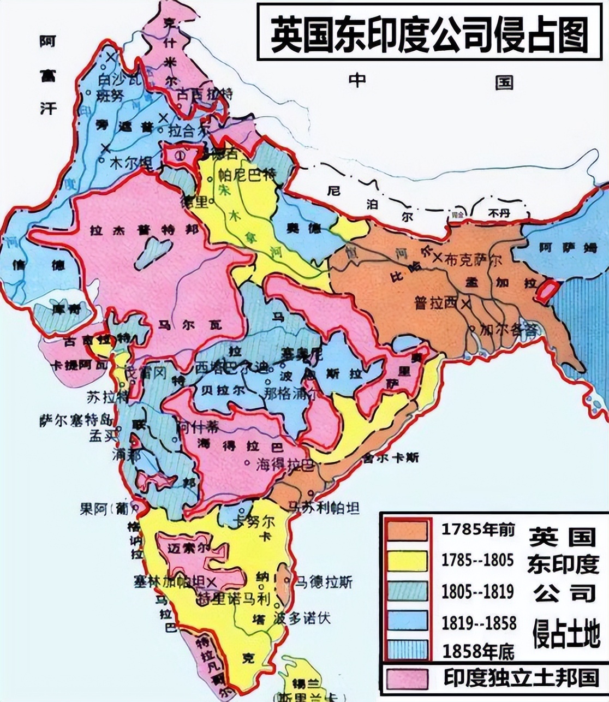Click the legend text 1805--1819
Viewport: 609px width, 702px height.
477,592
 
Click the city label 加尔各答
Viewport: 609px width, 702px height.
509,330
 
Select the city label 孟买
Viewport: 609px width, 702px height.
104,436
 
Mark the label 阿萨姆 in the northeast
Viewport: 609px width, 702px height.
568,248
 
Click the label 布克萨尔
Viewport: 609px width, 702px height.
473,260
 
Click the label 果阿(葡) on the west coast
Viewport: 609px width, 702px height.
103,509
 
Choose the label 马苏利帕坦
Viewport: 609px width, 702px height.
324,508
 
